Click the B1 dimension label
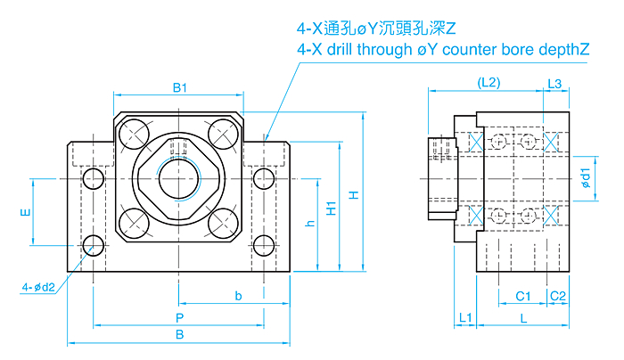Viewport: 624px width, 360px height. click(179, 86)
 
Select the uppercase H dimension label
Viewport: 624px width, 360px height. click(354, 195)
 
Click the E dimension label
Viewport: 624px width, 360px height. click(25, 212)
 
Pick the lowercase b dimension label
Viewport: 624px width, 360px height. click(238, 295)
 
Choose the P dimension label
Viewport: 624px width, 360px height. click(179, 317)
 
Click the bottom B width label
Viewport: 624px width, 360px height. click(179, 335)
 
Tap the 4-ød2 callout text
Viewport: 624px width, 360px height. click(39, 287)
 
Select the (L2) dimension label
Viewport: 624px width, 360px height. click(488, 82)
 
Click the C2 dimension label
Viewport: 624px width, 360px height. click(558, 295)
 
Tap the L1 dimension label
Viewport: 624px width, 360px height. click(464, 317)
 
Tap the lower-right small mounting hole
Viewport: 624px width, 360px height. click(263, 245)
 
